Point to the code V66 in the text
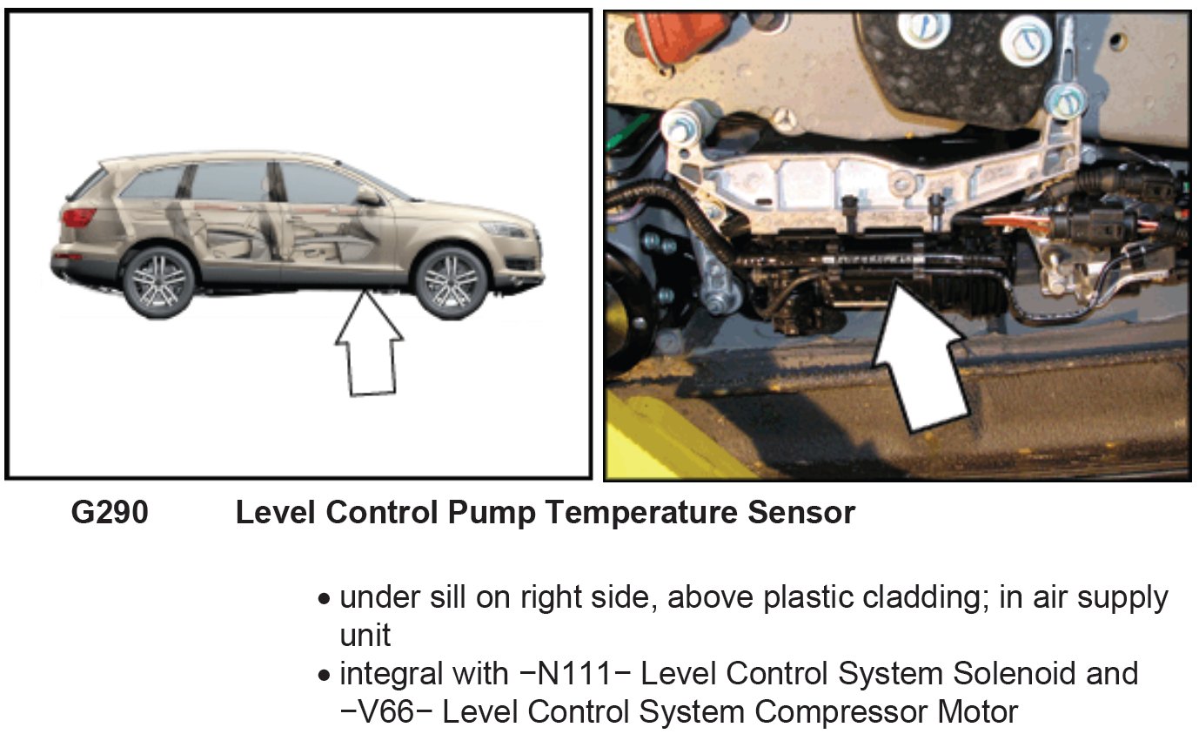(x=389, y=711)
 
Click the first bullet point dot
(x=325, y=601)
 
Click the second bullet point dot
(x=325, y=677)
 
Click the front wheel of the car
(x=451, y=280)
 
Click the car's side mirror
(x=368, y=198)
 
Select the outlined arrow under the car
(x=370, y=347)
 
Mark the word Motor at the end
(x=975, y=711)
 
